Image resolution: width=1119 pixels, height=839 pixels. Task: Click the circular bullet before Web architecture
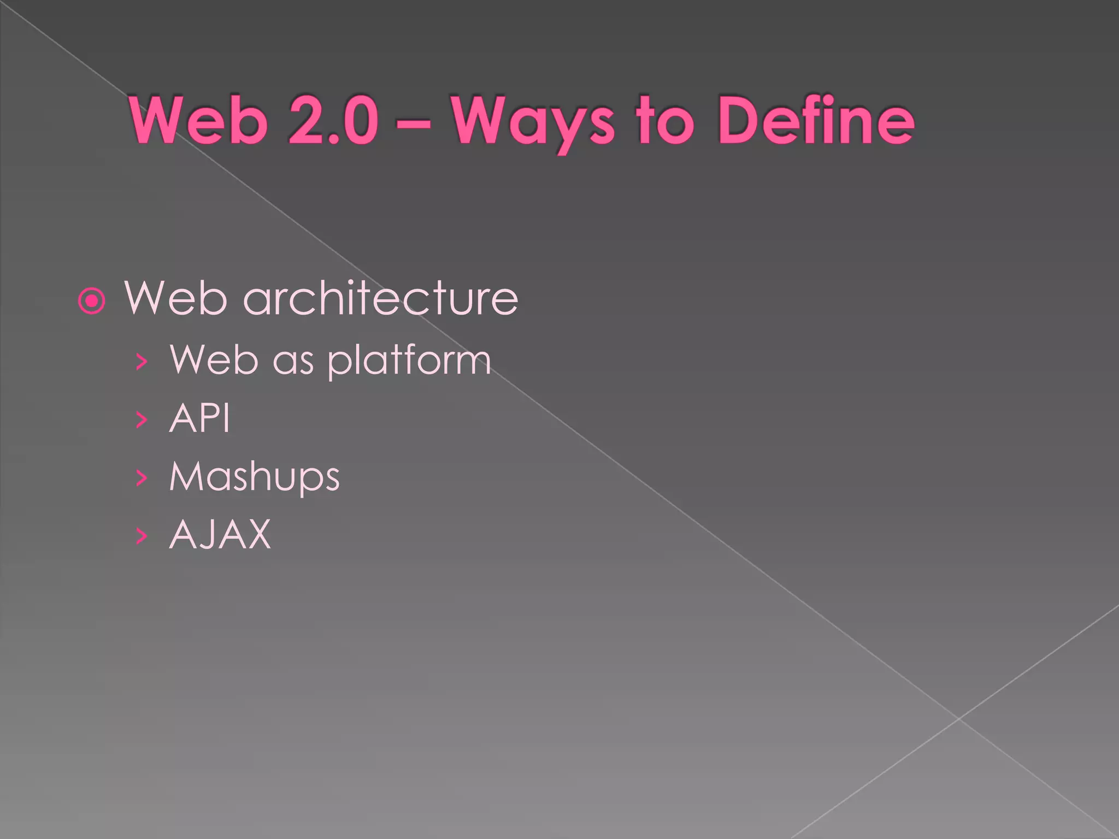click(x=91, y=300)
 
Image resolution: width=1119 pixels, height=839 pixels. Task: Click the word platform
click(x=409, y=361)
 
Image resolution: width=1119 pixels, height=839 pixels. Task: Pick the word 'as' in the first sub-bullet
click(x=293, y=362)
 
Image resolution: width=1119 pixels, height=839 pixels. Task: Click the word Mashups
click(x=255, y=477)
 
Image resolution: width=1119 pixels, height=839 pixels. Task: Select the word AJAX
click(x=220, y=535)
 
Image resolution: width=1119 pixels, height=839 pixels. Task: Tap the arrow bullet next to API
click(x=142, y=419)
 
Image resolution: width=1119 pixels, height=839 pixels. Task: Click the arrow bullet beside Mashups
click(x=142, y=478)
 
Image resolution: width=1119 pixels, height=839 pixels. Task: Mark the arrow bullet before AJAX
click(x=142, y=536)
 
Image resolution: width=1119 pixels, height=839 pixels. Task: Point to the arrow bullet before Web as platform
click(x=142, y=361)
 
